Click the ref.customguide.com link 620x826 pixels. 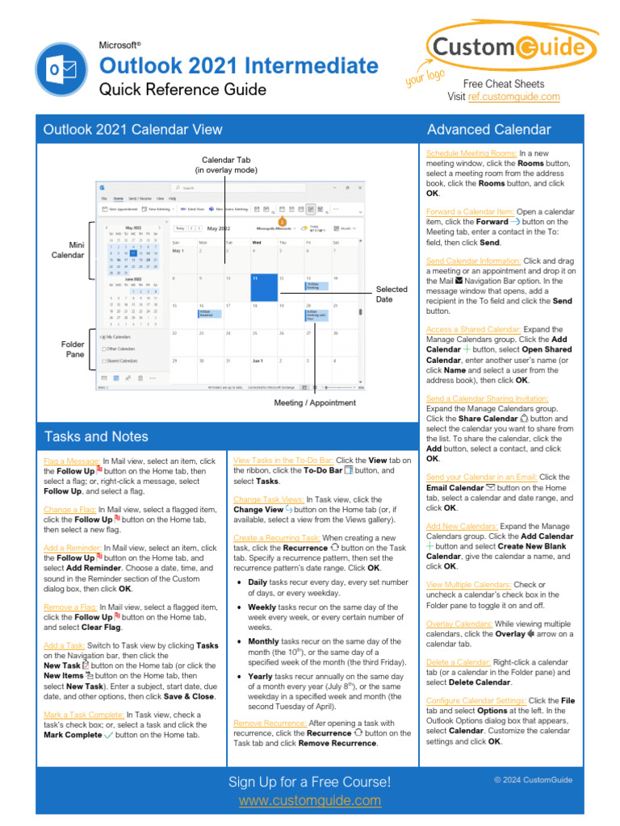[513, 97]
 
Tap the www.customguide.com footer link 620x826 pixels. [310, 800]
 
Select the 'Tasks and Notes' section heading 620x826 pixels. [96, 436]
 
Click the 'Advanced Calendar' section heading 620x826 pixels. [489, 129]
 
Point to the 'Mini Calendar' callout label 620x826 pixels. [68, 249]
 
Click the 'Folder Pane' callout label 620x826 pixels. [73, 349]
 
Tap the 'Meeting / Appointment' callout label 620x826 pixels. [315, 403]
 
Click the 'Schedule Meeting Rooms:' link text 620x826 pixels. [471, 152]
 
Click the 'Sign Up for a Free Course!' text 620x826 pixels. [310, 782]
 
